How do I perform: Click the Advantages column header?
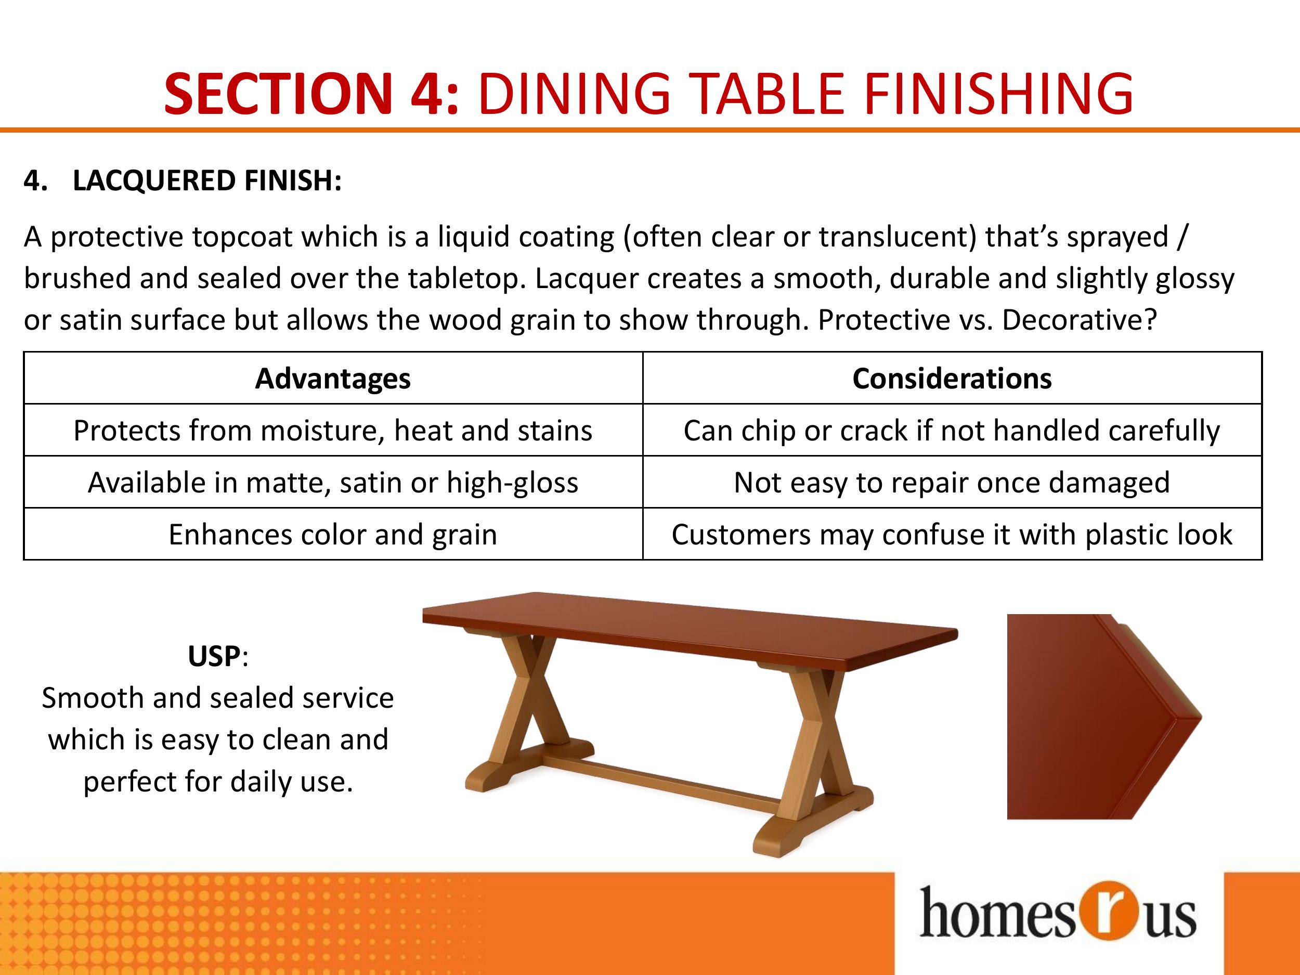click(333, 379)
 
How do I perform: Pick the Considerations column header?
click(952, 379)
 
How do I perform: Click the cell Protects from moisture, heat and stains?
click(333, 430)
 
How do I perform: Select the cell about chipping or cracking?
click(952, 430)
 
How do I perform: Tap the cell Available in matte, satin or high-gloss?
click(333, 483)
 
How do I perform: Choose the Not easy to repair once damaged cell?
click(952, 483)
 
